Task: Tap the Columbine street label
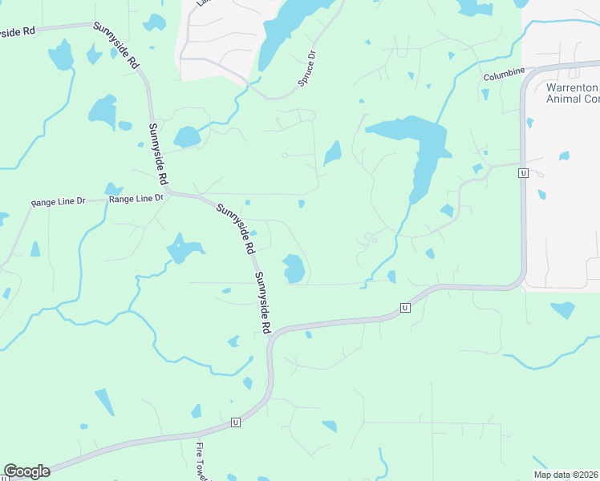click(x=503, y=75)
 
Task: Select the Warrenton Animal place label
click(x=571, y=93)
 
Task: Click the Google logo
click(x=26, y=471)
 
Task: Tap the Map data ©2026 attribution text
click(x=565, y=475)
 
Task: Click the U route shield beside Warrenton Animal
click(x=523, y=173)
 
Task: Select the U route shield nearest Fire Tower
click(x=236, y=422)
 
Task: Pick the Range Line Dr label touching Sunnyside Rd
click(x=136, y=198)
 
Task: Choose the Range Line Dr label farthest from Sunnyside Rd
click(x=58, y=203)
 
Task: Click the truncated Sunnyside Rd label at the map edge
click(x=18, y=31)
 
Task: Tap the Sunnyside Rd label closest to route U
click(x=263, y=303)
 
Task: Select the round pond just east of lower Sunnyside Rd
click(x=294, y=268)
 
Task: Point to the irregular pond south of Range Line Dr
click(x=184, y=249)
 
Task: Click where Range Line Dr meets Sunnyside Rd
click(x=170, y=193)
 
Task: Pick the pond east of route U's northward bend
click(x=562, y=309)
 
